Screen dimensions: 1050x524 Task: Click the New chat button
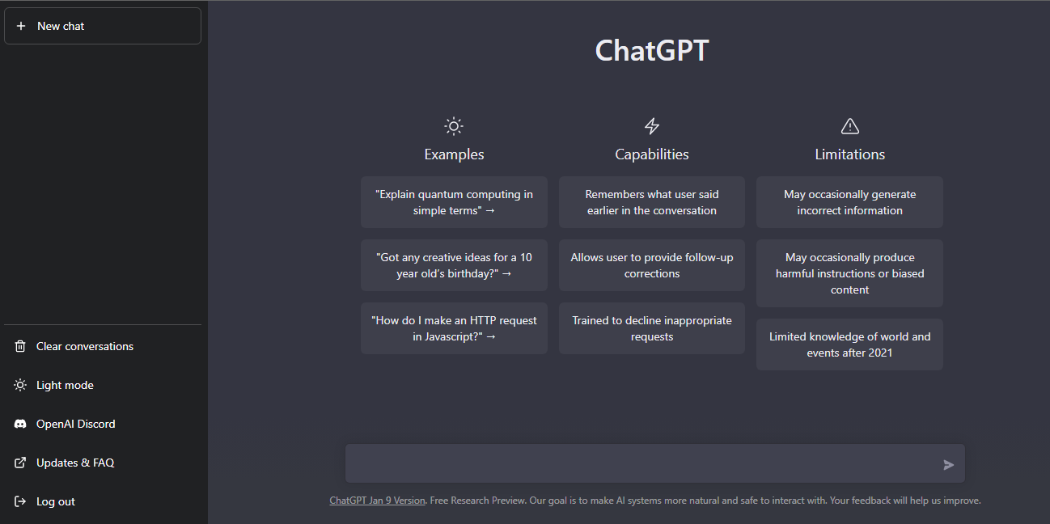pos(103,26)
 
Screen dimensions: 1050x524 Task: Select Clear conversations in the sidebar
pos(85,346)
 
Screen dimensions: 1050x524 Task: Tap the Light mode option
pos(65,385)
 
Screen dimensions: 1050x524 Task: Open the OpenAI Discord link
pos(75,425)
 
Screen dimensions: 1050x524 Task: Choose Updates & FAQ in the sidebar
pos(75,463)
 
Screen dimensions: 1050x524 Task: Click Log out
pos(55,501)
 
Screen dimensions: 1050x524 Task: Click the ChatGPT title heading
pos(651,50)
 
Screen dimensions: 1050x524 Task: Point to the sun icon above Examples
pos(454,126)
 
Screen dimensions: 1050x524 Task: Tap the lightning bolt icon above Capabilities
pos(651,126)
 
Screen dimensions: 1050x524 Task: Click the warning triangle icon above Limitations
pos(850,126)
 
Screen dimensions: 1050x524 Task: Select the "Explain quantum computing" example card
pos(454,202)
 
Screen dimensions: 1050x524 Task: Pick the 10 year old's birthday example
pos(454,265)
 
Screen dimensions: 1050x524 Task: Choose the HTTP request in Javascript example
pos(454,328)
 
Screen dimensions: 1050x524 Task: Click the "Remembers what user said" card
pos(651,202)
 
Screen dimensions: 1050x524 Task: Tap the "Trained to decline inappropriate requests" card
pos(651,328)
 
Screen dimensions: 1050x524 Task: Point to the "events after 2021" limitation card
pos(849,344)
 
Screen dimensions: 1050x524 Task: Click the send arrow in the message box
pos(948,464)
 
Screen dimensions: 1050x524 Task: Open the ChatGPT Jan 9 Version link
pos(377,501)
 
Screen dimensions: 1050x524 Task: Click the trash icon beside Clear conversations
pos(20,346)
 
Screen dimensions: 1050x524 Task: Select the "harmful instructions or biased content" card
pos(849,273)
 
